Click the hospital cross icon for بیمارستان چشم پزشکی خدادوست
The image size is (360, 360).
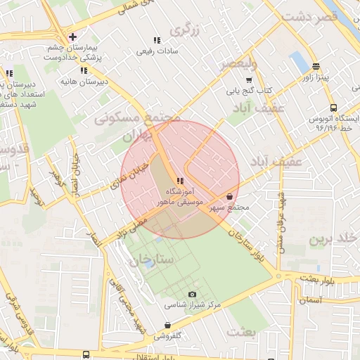pos(72,37)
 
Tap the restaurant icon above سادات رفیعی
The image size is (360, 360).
pos(156,40)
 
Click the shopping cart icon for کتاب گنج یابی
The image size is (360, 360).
pos(248,79)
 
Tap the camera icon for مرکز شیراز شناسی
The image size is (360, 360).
pos(193,295)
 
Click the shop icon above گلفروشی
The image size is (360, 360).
pos(167,325)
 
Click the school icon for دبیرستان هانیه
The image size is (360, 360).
pos(84,70)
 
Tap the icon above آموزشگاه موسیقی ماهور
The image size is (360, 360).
pos(181,181)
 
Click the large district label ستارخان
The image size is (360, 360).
pos(150,259)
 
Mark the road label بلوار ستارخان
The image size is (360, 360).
pos(245,247)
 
